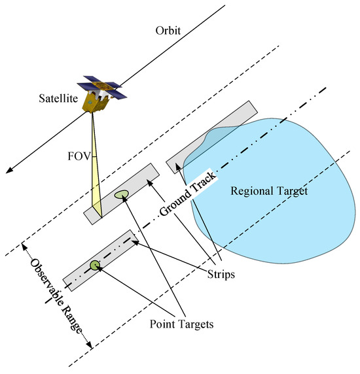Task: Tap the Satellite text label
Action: [x=57, y=99]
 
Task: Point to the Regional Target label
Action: [x=269, y=192]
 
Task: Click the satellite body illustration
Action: [x=96, y=99]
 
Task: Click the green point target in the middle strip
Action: [x=121, y=194]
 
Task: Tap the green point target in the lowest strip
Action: [x=95, y=264]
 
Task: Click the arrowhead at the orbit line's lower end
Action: [x=7, y=171]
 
